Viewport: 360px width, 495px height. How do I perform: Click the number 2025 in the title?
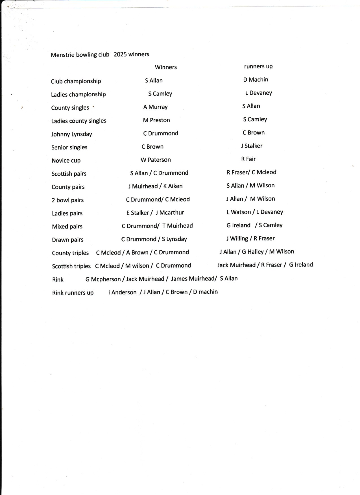pyautogui.click(x=120, y=54)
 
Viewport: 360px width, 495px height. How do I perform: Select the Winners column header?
pyautogui.click(x=166, y=67)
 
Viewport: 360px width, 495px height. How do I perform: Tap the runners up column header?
pyautogui.click(x=258, y=66)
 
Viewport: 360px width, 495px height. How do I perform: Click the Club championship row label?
pyautogui.click(x=76, y=81)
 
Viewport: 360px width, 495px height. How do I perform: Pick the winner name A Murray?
pyautogui.click(x=155, y=107)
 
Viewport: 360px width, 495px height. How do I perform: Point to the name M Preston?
pyautogui.click(x=156, y=120)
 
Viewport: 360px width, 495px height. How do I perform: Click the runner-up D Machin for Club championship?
pyautogui.click(x=256, y=80)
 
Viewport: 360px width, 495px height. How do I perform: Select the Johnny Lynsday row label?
pyautogui.click(x=71, y=134)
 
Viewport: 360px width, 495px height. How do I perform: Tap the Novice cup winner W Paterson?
pyautogui.click(x=156, y=160)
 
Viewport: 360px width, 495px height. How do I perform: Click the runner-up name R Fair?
pyautogui.click(x=248, y=159)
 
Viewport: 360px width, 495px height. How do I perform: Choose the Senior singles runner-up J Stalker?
pyautogui.click(x=252, y=146)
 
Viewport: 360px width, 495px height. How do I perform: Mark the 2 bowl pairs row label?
pyautogui.click(x=67, y=200)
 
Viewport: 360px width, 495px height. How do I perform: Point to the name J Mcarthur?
pyautogui.click(x=170, y=213)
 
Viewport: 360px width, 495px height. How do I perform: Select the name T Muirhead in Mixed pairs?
pyautogui.click(x=178, y=226)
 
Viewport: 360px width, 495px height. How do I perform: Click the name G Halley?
pyautogui.click(x=253, y=252)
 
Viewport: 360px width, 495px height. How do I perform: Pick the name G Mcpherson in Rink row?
pyautogui.click(x=103, y=279)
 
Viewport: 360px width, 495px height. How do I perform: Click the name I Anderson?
pyautogui.click(x=122, y=292)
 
